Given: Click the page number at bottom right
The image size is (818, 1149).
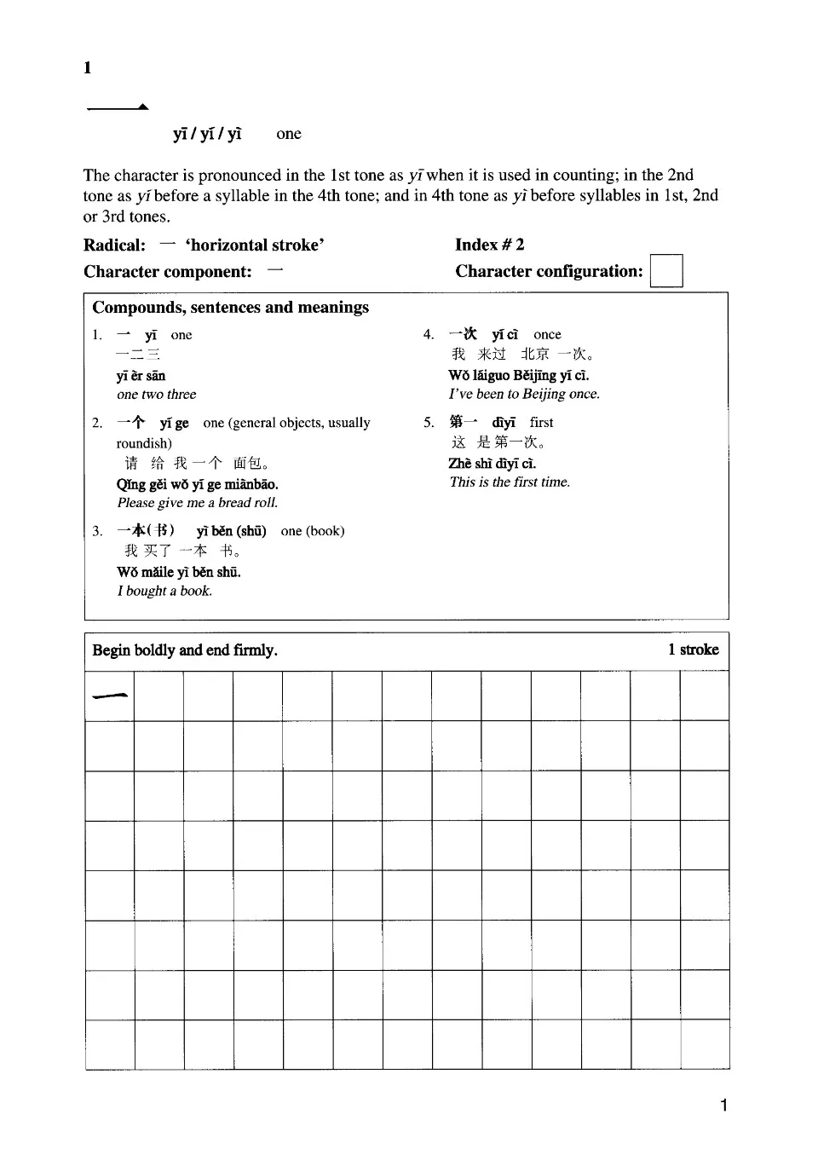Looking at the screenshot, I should click(723, 1106).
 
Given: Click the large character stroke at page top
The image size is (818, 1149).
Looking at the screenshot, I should click(118, 107).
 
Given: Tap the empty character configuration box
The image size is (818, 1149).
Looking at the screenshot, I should click(665, 271).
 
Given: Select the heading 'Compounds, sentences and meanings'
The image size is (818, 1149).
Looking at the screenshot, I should click(230, 307).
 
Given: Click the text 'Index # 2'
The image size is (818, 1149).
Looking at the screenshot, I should click(489, 245).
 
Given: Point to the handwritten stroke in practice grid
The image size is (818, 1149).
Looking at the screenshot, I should click(110, 696).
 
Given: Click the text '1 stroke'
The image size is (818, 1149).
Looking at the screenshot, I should click(693, 650).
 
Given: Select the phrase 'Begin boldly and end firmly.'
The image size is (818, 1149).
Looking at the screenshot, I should click(185, 650).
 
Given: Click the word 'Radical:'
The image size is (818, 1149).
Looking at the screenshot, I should click(114, 245).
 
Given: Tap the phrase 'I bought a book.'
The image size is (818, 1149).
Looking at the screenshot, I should click(164, 591).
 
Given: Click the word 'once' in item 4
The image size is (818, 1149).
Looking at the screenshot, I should click(547, 334).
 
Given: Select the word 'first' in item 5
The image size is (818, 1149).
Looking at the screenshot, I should click(541, 422).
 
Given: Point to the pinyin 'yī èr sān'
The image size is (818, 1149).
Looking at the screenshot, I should click(141, 376).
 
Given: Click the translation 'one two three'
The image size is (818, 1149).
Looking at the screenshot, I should click(157, 394).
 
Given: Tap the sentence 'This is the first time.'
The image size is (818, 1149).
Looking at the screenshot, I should click(510, 482).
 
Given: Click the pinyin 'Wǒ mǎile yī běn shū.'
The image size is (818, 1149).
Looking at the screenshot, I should click(179, 572).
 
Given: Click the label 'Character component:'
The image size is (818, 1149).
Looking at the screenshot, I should click(168, 272).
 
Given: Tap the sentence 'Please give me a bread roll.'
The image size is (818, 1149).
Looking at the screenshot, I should click(198, 502).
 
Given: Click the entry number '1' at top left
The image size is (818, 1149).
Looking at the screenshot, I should click(87, 68).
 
